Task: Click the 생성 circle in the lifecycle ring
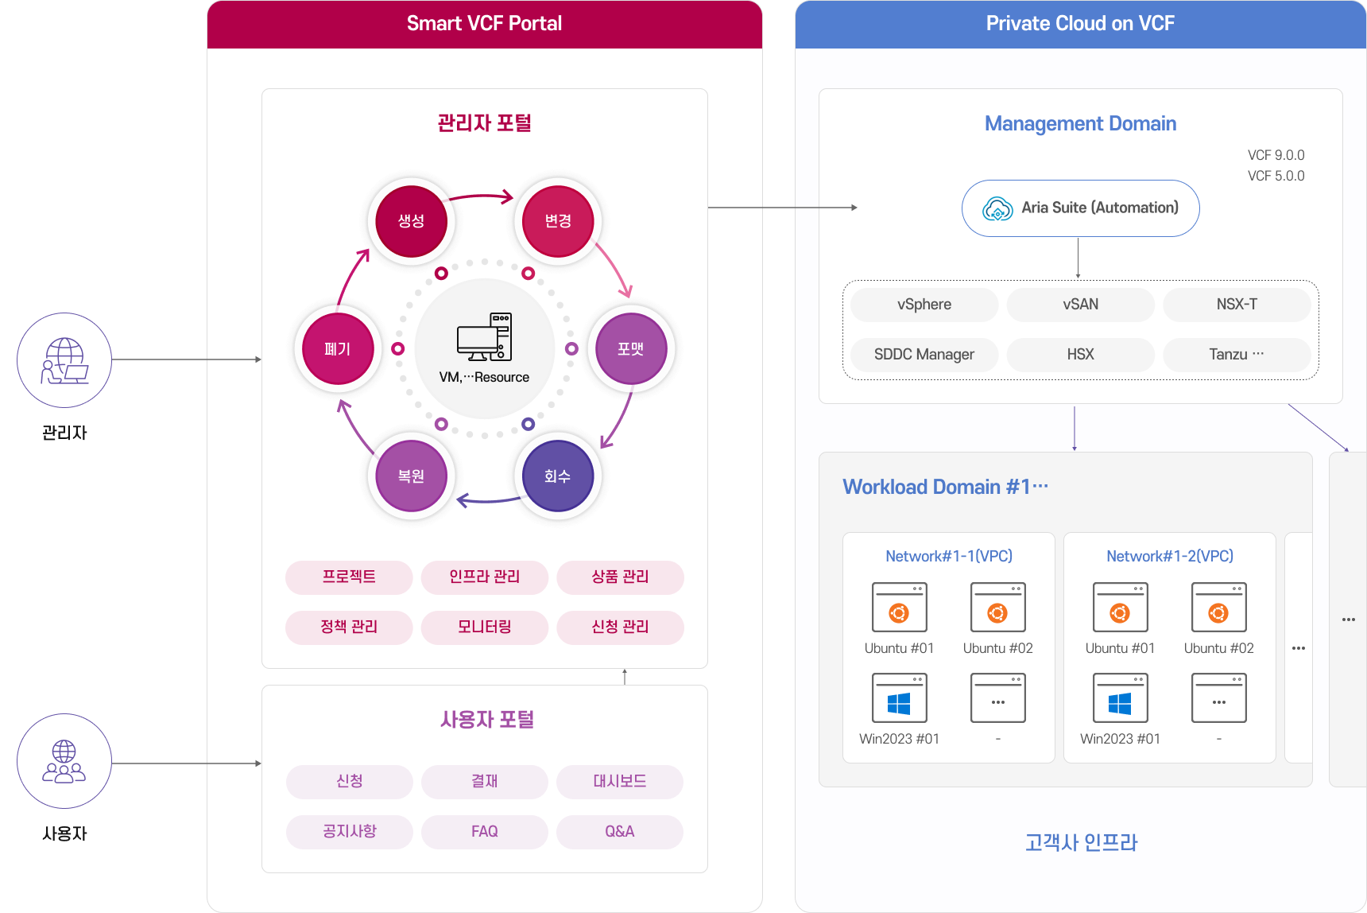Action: [411, 221]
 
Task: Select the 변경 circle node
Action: [558, 221]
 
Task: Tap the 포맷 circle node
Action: [631, 348]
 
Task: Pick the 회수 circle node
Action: [558, 476]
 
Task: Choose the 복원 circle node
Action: [411, 476]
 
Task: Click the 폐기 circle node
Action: [338, 348]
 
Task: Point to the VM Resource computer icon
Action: [484, 336]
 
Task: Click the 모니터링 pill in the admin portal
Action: [485, 627]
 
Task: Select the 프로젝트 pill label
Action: [349, 577]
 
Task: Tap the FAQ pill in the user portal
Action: [485, 831]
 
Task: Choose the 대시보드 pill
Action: [620, 781]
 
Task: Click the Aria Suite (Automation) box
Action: [1081, 208]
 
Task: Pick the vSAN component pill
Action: [1081, 305]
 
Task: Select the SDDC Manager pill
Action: [924, 355]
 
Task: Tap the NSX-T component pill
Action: [1237, 305]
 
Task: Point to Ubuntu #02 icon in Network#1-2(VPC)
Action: [1219, 608]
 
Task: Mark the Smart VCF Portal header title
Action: [485, 24]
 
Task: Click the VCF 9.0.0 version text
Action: [1276, 155]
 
